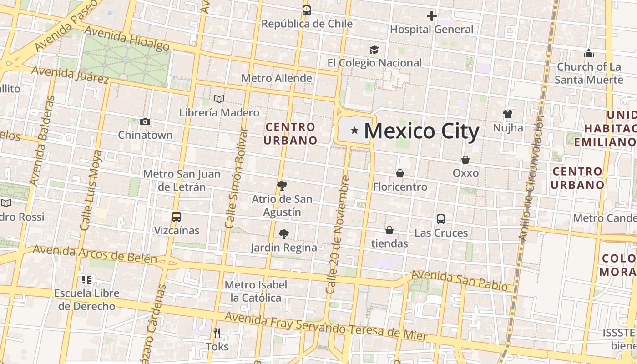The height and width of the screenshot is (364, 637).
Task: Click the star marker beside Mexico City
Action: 354,131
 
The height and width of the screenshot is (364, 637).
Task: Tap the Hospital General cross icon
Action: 431,16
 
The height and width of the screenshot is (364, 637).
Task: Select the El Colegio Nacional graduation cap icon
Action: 374,50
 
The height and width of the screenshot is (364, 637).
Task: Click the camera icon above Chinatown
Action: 145,121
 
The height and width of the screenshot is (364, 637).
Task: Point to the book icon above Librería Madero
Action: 219,99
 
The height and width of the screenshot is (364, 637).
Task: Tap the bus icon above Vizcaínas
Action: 177,217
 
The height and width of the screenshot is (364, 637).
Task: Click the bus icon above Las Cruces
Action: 440,219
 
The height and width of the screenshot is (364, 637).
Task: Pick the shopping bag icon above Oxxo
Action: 465,160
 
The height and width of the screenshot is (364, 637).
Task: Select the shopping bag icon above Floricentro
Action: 399,173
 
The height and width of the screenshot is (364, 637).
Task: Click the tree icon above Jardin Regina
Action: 283,234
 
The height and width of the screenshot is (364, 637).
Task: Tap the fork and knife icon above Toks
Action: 217,333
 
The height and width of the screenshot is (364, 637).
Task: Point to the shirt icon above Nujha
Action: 508,114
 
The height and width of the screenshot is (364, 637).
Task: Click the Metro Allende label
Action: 277,78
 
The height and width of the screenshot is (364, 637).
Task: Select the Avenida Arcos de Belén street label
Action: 95,255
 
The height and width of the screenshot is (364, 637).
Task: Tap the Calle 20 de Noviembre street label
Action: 337,234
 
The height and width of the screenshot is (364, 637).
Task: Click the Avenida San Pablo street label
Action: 459,280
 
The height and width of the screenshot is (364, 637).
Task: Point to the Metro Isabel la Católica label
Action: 256,291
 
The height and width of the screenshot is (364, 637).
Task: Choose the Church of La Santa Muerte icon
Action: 589,53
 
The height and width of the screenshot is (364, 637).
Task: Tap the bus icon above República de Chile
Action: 307,10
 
